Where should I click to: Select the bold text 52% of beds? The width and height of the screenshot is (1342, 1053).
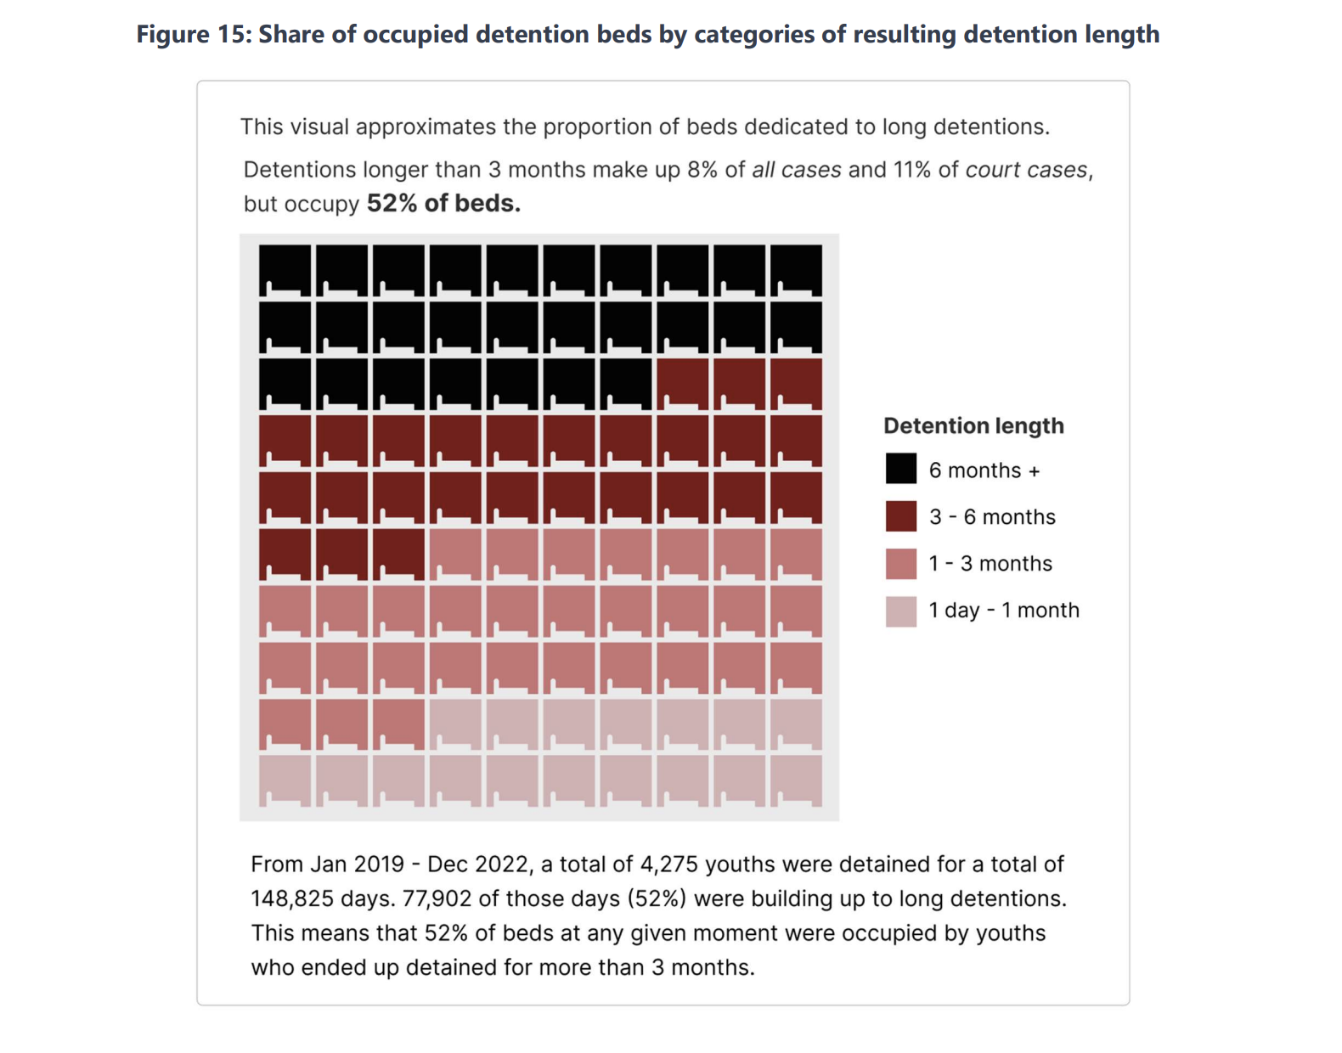tap(443, 204)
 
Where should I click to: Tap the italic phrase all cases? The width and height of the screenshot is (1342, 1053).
tap(796, 170)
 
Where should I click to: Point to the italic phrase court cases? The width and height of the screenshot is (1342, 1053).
tap(1026, 170)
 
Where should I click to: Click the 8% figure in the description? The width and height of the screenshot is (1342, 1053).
tap(702, 170)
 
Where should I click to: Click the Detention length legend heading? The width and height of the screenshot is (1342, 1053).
tap(973, 425)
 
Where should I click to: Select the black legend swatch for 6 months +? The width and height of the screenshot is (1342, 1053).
tap(901, 469)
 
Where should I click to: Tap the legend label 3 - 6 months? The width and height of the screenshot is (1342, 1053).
tap(992, 516)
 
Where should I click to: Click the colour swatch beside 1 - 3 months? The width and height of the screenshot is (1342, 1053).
tap(901, 563)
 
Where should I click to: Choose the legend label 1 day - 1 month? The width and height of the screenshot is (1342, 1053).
tap(1004, 610)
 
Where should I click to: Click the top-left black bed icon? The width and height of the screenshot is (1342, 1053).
tap(285, 270)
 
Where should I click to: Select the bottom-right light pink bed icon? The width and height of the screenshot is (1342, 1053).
tap(797, 780)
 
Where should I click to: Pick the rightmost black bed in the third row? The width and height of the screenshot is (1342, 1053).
tap(626, 384)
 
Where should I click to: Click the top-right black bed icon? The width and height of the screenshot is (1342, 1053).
tap(797, 270)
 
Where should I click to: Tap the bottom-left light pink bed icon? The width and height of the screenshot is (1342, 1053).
tap(285, 780)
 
